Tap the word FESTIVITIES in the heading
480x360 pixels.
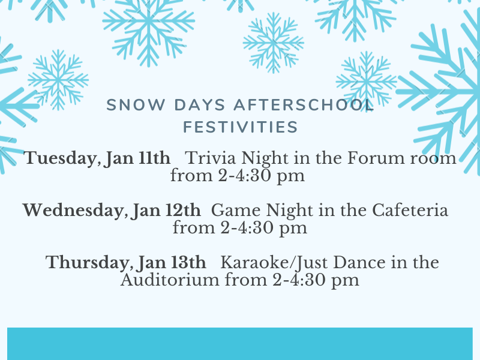(x=240, y=127)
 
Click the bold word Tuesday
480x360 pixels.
(x=58, y=159)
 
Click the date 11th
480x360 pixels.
(x=155, y=159)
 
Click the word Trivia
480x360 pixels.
(x=204, y=159)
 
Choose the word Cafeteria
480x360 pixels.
(x=410, y=211)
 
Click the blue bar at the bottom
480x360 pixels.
(x=240, y=343)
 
